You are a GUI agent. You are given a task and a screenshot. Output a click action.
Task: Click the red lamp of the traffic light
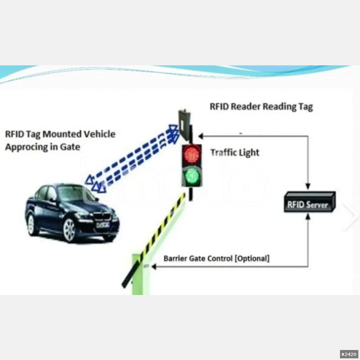(191, 154)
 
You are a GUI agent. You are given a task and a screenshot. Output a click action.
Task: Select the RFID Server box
(309, 202)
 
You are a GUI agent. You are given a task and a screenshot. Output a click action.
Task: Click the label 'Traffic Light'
(235, 152)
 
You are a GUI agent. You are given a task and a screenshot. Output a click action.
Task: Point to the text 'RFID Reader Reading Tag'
(261, 107)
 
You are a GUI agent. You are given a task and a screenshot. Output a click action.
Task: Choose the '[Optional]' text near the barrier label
(252, 259)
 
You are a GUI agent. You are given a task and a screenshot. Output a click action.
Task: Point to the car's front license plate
(103, 225)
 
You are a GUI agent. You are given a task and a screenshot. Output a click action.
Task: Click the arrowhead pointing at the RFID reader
(201, 136)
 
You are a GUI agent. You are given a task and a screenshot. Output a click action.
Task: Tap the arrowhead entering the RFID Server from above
(308, 186)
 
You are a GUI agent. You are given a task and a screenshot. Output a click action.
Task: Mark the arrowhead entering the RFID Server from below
(308, 217)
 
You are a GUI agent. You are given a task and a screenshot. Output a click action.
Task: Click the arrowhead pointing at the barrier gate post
(154, 267)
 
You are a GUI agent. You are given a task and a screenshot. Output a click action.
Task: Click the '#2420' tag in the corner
(349, 354)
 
